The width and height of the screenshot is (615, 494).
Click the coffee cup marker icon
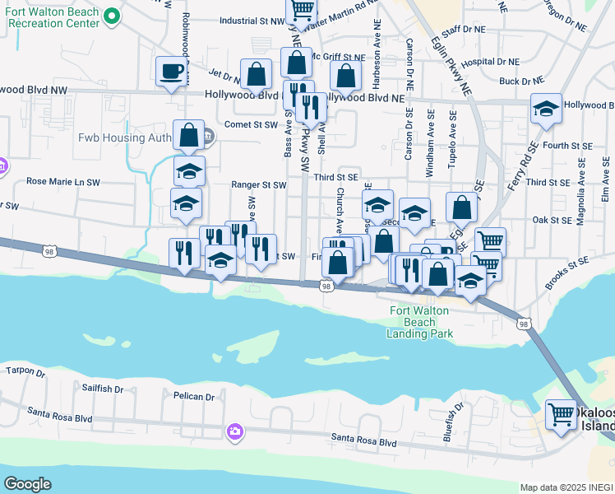coord(173,72)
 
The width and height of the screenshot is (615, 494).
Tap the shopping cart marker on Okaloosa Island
coord(562,414)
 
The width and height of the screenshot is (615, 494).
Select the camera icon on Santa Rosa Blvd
coord(235,431)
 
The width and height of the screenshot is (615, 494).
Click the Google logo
coord(27,483)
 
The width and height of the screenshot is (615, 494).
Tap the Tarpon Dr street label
coord(24,372)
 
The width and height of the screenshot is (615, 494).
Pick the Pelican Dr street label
coord(194,397)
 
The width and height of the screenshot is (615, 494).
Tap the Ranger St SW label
coord(258,185)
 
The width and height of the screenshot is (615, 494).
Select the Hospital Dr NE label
coord(492,62)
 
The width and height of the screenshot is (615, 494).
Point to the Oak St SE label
coord(552,220)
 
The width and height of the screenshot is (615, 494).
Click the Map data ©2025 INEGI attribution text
coord(566,487)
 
